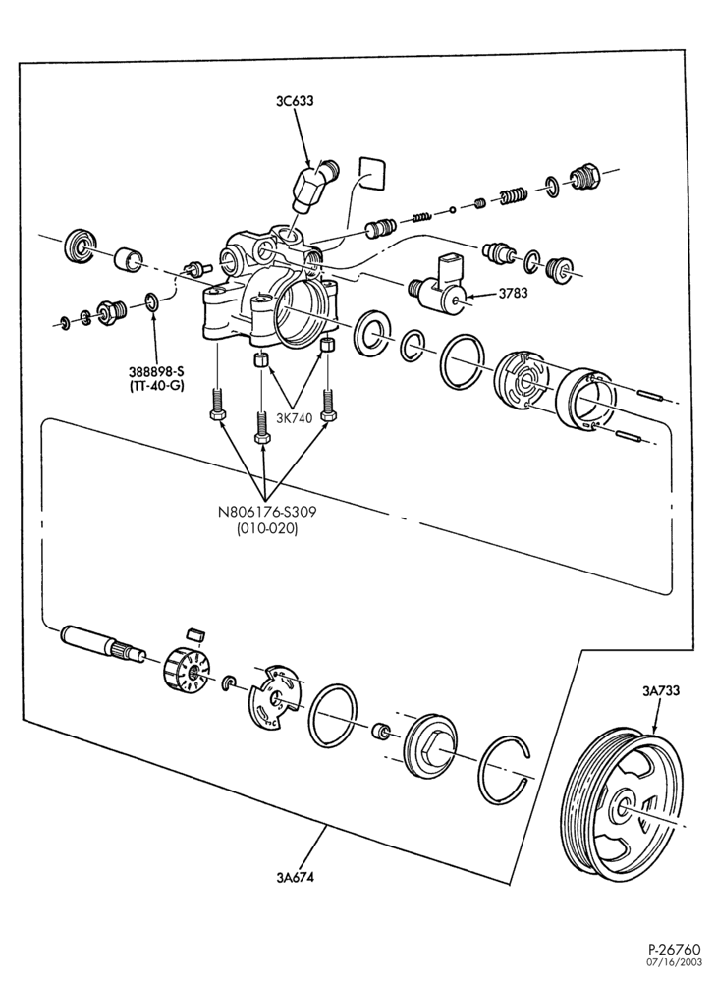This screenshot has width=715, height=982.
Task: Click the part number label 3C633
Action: click(295, 100)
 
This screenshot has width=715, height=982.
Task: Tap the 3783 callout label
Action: click(514, 293)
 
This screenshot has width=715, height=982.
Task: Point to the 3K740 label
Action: click(295, 419)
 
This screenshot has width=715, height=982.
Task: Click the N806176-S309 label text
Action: click(267, 512)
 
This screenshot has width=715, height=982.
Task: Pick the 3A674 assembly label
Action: click(295, 877)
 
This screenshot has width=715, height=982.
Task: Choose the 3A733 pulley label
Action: click(661, 691)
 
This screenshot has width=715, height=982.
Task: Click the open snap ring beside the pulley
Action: click(504, 769)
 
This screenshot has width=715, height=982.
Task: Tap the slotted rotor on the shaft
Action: click(190, 668)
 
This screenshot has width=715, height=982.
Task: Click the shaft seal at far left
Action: click(81, 245)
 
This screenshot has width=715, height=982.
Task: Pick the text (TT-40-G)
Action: click(157, 386)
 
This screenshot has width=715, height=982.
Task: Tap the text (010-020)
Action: click(267, 528)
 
